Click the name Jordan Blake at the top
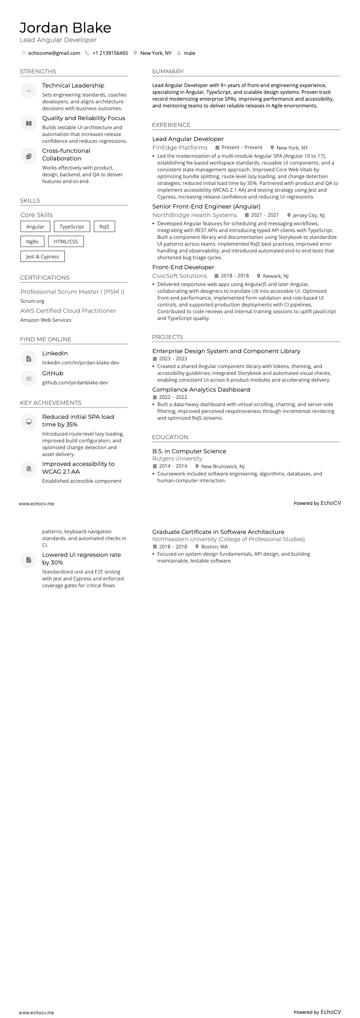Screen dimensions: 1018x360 pyautogui.click(x=65, y=28)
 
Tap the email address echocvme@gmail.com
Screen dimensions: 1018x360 pyautogui.click(x=54, y=53)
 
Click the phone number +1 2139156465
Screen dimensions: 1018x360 pyautogui.click(x=110, y=53)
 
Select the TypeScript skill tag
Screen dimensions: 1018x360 pyautogui.click(x=72, y=227)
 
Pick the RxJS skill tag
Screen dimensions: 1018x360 pyautogui.click(x=104, y=227)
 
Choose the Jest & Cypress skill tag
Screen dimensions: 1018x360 pyautogui.click(x=43, y=257)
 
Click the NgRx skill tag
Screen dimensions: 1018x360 pyautogui.click(x=32, y=242)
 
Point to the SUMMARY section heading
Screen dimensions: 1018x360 pyautogui.click(x=168, y=72)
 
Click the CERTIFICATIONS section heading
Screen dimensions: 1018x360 pyautogui.click(x=45, y=278)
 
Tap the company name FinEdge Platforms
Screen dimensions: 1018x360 pyautogui.click(x=180, y=148)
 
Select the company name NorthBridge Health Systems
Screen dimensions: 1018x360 pyautogui.click(x=195, y=215)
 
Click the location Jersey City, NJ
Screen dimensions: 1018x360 pyautogui.click(x=309, y=216)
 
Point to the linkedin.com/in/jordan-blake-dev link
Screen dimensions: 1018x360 pyautogui.click(x=81, y=363)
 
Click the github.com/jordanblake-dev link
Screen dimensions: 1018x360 pyautogui.click(x=75, y=383)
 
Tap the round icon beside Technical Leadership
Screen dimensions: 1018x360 pyautogui.click(x=29, y=91)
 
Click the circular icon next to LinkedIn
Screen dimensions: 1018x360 pyautogui.click(x=29, y=359)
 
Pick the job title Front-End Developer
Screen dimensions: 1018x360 pyautogui.click(x=183, y=267)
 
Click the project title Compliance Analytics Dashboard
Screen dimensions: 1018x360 pyautogui.click(x=201, y=390)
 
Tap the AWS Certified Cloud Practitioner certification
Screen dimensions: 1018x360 pyautogui.click(x=68, y=311)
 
